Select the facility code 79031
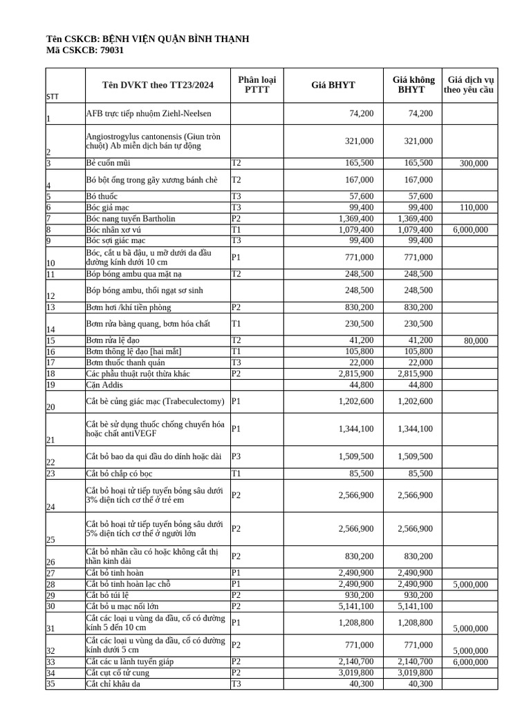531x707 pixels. pyautogui.click(x=112, y=50)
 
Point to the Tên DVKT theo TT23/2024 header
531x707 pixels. pyautogui.click(x=158, y=85)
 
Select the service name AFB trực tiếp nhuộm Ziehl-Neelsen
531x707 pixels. pyautogui.click(x=149, y=113)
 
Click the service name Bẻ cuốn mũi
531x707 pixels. pyautogui.click(x=108, y=163)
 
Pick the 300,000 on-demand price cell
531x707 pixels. pyautogui.click(x=473, y=164)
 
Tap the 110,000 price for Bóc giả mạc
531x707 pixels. pyautogui.click(x=473, y=208)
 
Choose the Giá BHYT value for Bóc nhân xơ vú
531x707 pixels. pyautogui.click(x=356, y=229)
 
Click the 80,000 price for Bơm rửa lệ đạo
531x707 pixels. pyautogui.click(x=475, y=341)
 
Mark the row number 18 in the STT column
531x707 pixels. pyautogui.click(x=50, y=374)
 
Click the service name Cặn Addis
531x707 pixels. pyautogui.click(x=104, y=385)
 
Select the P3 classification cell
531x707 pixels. pyautogui.click(x=236, y=456)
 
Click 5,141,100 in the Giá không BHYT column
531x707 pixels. pyautogui.click(x=416, y=606)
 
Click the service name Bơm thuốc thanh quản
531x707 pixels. pyautogui.click(x=126, y=362)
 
